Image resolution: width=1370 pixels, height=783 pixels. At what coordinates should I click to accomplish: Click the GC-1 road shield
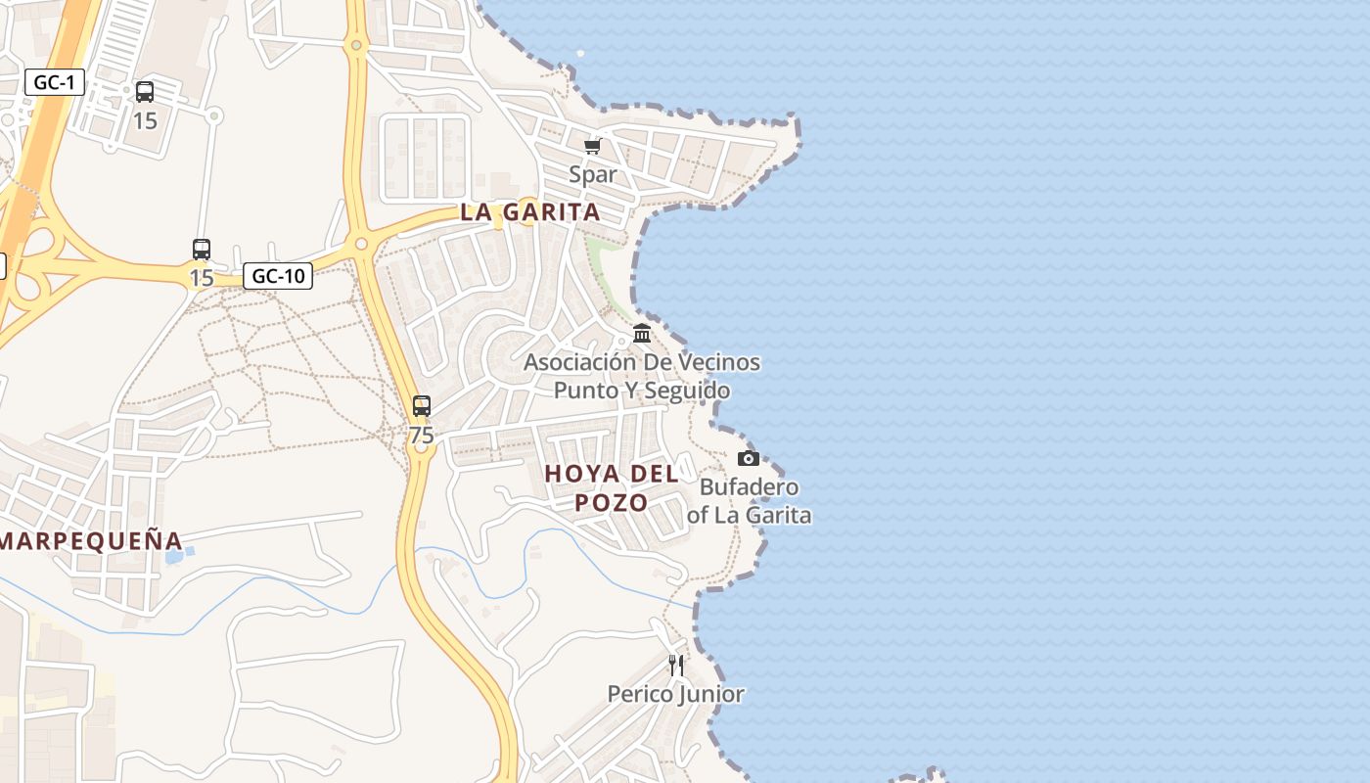coord(54,82)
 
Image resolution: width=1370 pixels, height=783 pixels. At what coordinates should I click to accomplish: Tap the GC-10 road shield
coord(278,276)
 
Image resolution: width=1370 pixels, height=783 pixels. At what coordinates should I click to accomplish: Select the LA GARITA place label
coord(530,212)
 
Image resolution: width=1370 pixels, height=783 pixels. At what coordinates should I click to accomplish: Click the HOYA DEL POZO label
coord(612,487)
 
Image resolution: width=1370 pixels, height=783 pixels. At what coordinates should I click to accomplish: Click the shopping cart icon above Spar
coord(592,147)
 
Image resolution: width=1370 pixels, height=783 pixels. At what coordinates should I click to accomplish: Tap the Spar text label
coord(593,174)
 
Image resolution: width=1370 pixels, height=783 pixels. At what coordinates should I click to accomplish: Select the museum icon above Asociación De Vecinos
coord(642,334)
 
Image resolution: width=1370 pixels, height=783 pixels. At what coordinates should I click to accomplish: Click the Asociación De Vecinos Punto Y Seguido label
coord(642,376)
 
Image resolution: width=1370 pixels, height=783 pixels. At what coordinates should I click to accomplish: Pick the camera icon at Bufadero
coord(749,458)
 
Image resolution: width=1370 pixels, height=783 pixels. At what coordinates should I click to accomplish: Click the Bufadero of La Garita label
coord(750,500)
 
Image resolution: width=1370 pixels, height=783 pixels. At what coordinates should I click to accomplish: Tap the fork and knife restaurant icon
coord(675,666)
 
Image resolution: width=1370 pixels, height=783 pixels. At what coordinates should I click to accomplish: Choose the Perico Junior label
coord(675,694)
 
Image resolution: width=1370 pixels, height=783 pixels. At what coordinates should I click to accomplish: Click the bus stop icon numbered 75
coord(422,405)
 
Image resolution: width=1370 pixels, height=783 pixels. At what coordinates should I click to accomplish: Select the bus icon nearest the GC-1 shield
coord(145,92)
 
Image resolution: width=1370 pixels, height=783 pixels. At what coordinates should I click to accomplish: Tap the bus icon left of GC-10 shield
coord(202,249)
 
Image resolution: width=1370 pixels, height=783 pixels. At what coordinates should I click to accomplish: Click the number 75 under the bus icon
coord(422,435)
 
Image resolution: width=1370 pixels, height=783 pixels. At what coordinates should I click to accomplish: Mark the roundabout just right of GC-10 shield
coord(361,243)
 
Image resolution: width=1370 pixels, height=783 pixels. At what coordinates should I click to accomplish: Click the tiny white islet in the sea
coord(580,53)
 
